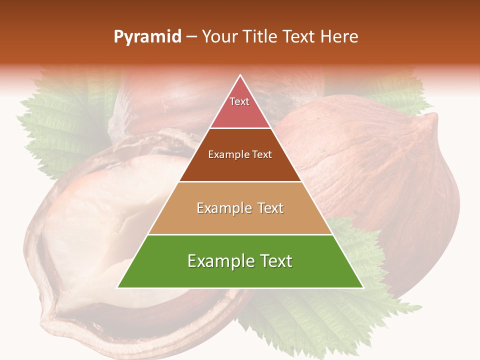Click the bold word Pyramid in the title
click(x=147, y=37)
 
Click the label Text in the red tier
click(x=239, y=101)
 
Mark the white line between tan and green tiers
click(x=240, y=234)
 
